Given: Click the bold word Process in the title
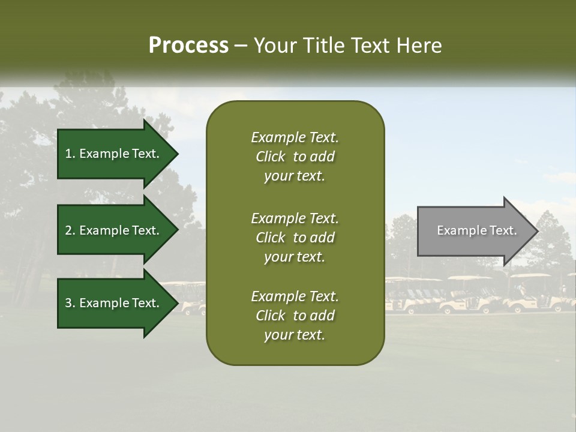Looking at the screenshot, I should pos(188,45).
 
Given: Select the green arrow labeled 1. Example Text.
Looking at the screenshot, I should pos(114,154).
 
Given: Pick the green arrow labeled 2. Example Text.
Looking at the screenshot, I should pos(114,230).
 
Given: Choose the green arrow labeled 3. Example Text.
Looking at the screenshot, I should pos(114,303).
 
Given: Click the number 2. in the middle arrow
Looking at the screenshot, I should pos(70,230).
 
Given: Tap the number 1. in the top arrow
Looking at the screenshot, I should pos(70,154).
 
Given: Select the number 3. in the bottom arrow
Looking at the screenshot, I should pos(70,303).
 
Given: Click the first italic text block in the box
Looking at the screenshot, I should pos(295,157).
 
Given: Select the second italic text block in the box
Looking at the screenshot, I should pos(295,238).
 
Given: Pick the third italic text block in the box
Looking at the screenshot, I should pos(295,316).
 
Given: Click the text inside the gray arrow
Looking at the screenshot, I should pos(476,230).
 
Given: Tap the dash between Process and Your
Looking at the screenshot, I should pos(241,46).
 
